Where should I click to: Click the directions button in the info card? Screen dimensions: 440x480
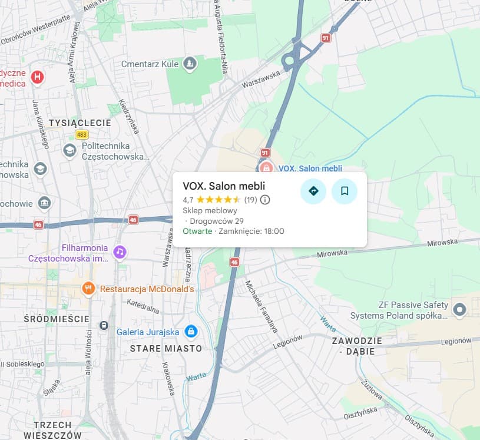[x=313, y=191]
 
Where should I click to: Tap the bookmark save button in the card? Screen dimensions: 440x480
[x=345, y=191]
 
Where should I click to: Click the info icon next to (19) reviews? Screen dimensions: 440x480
[x=265, y=200]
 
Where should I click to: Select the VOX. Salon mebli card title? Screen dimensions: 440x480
[x=224, y=186]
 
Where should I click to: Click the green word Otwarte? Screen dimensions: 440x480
[x=197, y=231]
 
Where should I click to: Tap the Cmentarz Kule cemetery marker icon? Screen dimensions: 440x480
[x=189, y=63]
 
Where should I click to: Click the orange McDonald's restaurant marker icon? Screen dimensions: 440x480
[x=88, y=289]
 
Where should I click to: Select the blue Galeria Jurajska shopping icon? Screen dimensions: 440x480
[x=190, y=332]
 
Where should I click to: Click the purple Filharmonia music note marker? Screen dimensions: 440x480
[x=120, y=252]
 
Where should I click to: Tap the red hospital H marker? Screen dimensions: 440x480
[x=38, y=77]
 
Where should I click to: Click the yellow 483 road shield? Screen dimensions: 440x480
[x=81, y=134]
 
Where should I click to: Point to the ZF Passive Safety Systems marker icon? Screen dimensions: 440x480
[x=460, y=308]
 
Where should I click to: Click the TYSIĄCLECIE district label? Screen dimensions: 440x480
[x=80, y=123]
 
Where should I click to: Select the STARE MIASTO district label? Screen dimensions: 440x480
[x=165, y=348]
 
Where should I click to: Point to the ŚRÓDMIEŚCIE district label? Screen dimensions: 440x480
[x=57, y=319]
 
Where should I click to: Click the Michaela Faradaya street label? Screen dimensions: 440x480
[x=261, y=306]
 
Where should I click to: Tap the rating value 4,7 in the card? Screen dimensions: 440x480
[x=188, y=200]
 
